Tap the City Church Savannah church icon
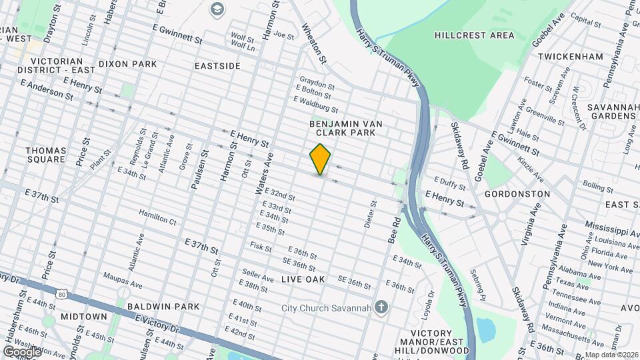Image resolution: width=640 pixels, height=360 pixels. click(x=381, y=307)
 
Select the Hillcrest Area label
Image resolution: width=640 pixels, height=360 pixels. click(x=474, y=35)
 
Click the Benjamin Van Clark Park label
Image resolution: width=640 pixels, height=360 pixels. click(x=343, y=128)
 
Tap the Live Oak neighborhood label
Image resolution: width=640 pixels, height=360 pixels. click(x=303, y=279)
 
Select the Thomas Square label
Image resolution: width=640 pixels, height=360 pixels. click(x=46, y=155)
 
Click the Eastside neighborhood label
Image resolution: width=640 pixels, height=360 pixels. click(x=217, y=66)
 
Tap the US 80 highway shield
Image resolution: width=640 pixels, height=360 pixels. click(x=61, y=293)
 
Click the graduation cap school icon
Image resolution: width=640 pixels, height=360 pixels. click(x=217, y=9)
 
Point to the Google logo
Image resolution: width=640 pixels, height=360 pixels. click(x=22, y=351)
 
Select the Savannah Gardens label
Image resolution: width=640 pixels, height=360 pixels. click(x=613, y=111)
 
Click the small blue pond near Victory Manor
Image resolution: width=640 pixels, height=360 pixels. click(x=487, y=328)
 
